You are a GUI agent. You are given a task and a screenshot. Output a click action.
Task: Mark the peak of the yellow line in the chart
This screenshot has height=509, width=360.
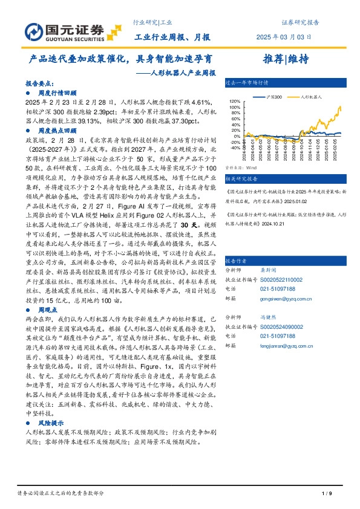pos(340,106)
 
